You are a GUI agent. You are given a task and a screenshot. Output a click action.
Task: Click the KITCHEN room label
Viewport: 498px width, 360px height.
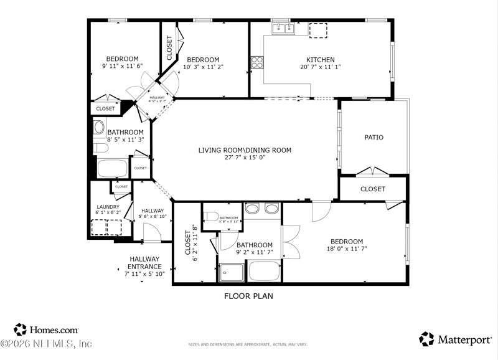[x=321, y=60]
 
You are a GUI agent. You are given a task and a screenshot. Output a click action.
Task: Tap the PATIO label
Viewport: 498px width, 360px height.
[x=374, y=138]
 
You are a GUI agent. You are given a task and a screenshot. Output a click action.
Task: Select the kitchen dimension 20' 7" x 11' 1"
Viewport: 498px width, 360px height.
[x=321, y=67]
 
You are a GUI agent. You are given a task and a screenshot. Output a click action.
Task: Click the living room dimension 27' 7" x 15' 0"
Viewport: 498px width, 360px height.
[x=245, y=158]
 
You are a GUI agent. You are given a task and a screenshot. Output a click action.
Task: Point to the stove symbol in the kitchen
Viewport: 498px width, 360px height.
[x=256, y=62]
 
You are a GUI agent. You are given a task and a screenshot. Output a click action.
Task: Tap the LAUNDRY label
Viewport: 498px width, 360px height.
[x=108, y=207]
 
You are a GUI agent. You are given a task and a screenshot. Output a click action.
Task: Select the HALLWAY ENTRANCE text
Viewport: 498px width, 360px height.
[x=144, y=263]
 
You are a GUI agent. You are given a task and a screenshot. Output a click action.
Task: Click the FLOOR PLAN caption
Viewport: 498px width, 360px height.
[x=248, y=296]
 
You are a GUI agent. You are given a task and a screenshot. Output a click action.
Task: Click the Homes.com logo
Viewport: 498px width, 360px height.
[x=47, y=330]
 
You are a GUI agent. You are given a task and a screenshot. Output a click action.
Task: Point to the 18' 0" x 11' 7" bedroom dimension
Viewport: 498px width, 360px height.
[x=347, y=249]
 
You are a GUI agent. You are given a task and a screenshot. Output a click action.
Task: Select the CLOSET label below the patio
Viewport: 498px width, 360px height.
[x=373, y=189]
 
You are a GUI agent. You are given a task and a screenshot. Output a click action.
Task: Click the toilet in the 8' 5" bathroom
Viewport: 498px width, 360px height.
[x=99, y=128]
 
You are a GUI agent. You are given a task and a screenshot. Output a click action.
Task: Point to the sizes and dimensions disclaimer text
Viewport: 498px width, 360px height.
[x=249, y=344]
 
